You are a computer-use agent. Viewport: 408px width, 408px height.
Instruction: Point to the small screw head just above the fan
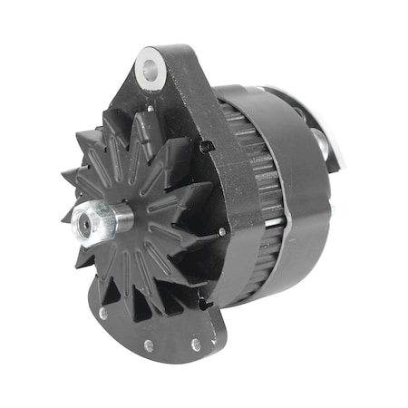(149, 110)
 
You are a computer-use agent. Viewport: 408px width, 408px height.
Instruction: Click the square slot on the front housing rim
(207, 146)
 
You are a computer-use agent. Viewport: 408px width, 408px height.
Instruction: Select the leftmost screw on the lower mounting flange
(103, 313)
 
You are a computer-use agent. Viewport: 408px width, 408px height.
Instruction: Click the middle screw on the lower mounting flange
(147, 344)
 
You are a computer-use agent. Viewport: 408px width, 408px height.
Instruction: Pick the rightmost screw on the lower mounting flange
(195, 345)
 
